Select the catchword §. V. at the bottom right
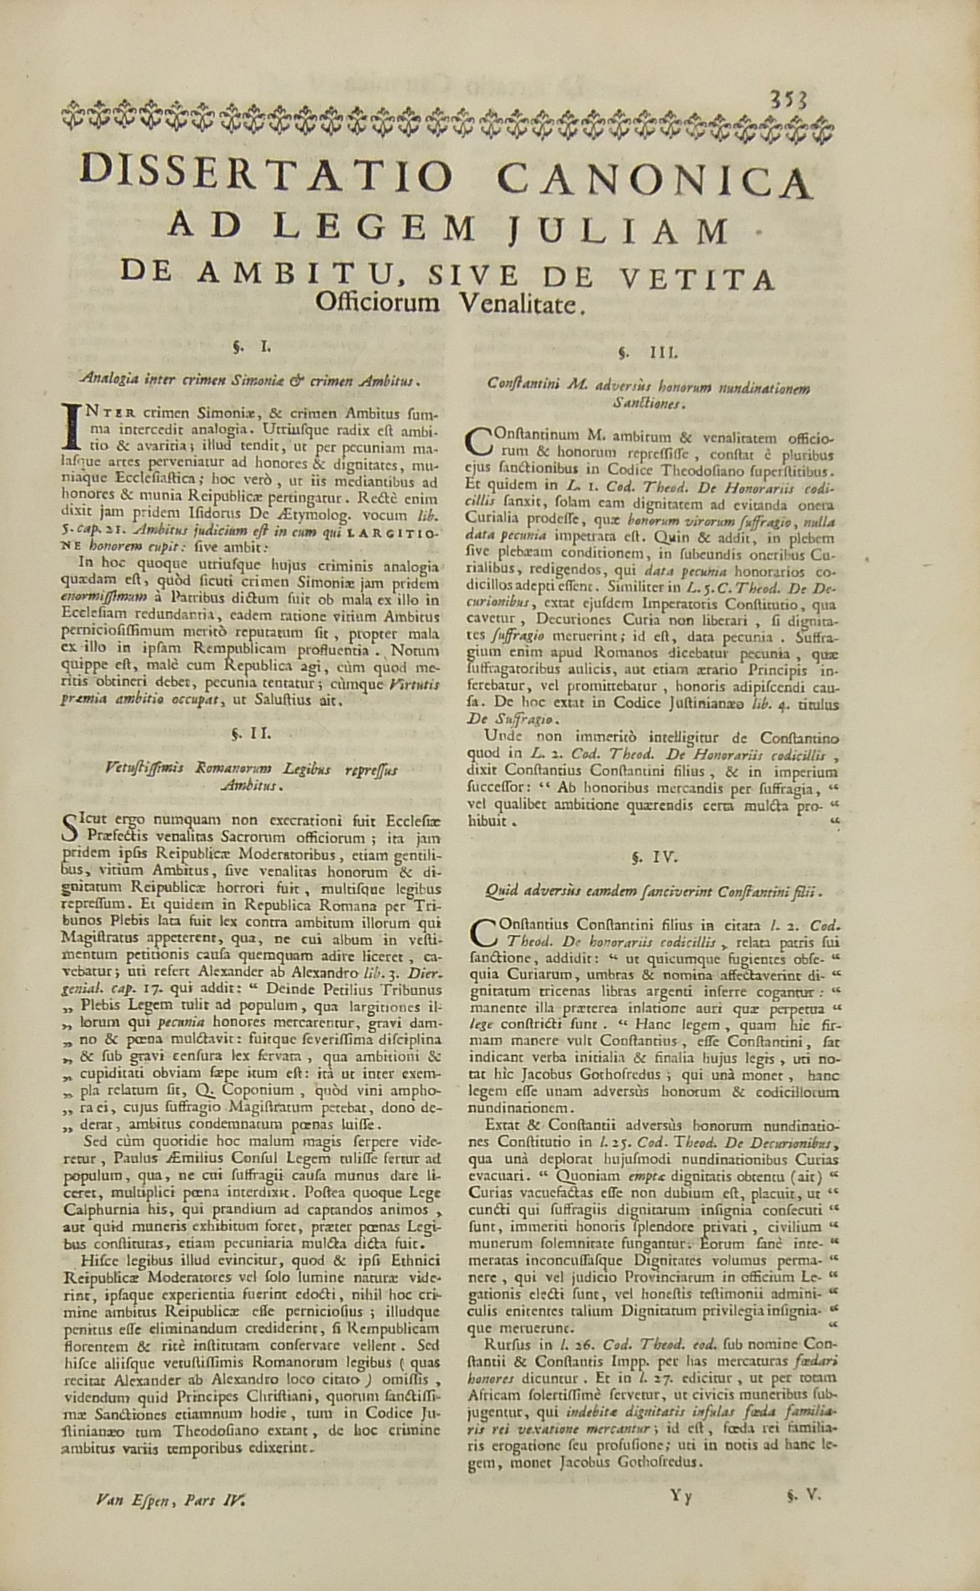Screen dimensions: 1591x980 (x=803, y=1526)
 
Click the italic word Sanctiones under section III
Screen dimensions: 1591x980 (x=648, y=404)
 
